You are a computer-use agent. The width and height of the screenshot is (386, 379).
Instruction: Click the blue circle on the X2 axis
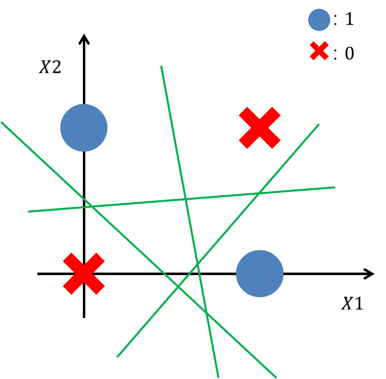[84, 128]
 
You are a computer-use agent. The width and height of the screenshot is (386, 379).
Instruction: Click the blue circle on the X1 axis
[260, 274]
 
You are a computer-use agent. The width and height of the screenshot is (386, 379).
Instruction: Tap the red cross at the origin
[84, 274]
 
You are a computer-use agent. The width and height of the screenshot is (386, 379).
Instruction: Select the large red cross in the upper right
[259, 128]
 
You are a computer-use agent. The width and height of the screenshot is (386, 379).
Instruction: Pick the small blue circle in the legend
[319, 20]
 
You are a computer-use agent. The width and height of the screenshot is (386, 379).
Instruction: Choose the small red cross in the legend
[319, 52]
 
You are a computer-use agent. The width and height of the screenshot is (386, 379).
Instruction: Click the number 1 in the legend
[349, 20]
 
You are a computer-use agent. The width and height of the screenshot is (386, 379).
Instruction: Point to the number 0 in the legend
[349, 53]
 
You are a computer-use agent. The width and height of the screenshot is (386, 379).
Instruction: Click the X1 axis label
[352, 304]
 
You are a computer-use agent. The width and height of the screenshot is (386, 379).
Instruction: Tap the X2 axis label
[50, 67]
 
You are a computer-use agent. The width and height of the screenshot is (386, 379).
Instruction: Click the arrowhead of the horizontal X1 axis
[370, 274]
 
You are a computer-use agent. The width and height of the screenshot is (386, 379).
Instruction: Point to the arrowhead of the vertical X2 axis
[84, 38]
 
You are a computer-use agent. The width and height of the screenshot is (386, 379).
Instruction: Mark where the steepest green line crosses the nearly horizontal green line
[186, 199]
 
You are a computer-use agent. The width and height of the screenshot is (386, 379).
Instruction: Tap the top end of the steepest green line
[161, 66]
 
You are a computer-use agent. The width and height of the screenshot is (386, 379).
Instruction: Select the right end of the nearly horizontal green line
[334, 187]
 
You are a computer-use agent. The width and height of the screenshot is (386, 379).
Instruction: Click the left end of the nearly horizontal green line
[29, 211]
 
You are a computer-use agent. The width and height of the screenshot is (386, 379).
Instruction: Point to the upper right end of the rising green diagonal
[319, 124]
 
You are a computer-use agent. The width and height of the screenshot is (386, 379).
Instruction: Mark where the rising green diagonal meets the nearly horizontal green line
[259, 193]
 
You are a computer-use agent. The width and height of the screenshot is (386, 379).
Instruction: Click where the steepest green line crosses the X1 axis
[200, 274]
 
